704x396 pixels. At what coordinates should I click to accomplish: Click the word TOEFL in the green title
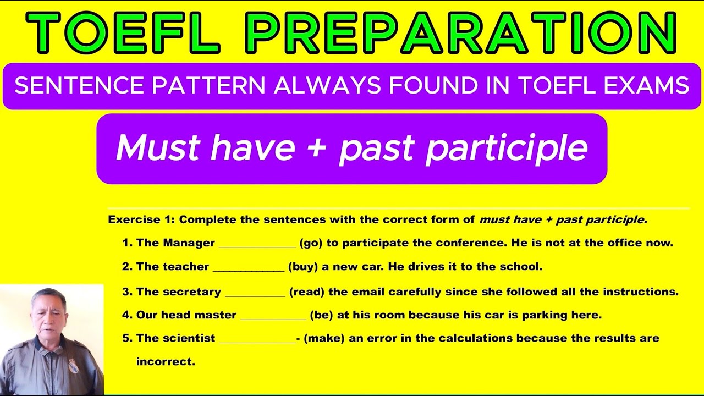coord(123,32)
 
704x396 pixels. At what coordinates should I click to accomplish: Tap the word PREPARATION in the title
coord(461,32)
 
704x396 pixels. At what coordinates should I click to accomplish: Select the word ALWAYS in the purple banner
coord(327,85)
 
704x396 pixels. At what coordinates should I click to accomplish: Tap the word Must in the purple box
coord(158,147)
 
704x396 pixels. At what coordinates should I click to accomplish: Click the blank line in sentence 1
coord(257,248)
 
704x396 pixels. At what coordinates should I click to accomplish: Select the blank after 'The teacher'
coord(249,271)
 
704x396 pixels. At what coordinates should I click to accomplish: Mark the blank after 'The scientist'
coord(257,343)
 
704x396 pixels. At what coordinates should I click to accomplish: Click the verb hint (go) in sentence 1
coord(311,243)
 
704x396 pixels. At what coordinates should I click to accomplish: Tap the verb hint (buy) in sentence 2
coord(303,267)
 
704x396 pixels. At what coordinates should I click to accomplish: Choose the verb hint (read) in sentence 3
coord(307,292)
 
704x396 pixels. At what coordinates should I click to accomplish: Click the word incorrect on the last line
coord(166,362)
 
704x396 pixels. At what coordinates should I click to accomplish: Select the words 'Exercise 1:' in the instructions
coord(141,219)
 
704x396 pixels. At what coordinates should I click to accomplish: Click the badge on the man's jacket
coord(74,366)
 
